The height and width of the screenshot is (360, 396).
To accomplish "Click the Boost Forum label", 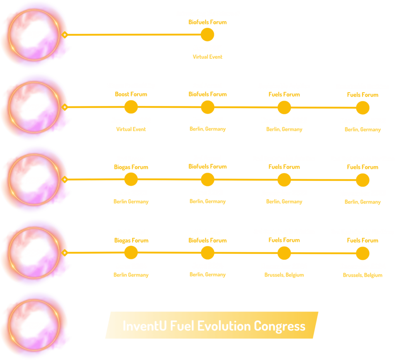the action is pos(131,94).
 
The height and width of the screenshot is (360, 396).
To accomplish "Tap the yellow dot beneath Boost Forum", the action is pos(131,107).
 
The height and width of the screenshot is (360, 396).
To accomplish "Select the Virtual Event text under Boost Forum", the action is pos(131,129).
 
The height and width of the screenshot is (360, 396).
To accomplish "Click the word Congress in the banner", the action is pos(280,326).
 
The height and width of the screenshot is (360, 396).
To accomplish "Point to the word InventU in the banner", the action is pos(145,326).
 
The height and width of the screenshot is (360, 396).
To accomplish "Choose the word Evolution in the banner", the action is pos(224,326).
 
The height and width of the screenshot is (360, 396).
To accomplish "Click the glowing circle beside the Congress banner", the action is pos(34,326).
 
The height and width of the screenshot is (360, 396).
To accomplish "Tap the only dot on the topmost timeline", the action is pos(207,34).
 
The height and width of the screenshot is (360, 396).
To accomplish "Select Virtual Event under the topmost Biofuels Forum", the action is pos(208,57).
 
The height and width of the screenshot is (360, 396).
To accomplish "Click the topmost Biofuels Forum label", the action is pos(208,22).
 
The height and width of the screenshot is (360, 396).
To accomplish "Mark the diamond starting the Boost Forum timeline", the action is pos(65,107).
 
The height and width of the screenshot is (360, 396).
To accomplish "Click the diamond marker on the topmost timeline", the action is pos(65,34).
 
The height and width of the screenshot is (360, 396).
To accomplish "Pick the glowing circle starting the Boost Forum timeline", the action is pos(34,107).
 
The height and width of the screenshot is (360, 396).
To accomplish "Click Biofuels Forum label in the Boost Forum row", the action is pos(208,94).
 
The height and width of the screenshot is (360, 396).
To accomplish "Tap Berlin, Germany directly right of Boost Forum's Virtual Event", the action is pos(208,129).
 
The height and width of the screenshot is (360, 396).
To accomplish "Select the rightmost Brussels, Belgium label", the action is pos(363,275).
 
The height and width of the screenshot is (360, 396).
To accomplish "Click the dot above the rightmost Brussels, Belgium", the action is pos(363,253).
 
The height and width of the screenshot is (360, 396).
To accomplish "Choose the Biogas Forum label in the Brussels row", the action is pos(131,240).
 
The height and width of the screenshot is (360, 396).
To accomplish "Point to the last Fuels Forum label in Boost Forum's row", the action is pos(363,95).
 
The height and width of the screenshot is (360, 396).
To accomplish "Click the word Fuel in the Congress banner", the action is pos(182,326).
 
